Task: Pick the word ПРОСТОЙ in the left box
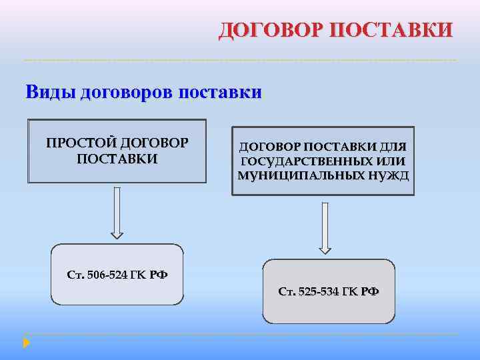79,143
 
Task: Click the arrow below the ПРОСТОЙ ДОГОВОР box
117,212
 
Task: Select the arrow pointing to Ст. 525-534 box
325,228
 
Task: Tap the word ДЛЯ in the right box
394,146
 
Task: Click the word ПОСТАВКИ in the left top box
117,159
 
